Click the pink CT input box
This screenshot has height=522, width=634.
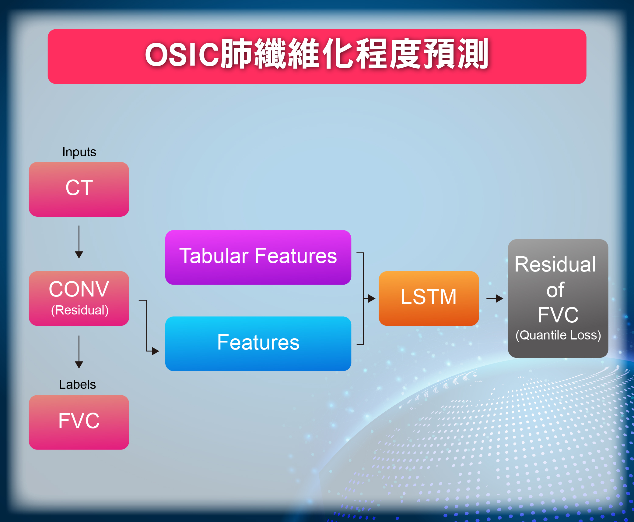point(79,189)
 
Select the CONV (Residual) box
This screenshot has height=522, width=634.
point(79,298)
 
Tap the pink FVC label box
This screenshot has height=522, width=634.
point(79,422)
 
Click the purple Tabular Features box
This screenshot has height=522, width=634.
point(258,257)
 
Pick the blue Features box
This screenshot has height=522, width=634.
point(258,343)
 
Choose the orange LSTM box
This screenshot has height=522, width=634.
point(429,298)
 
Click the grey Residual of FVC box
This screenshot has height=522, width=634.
point(558,298)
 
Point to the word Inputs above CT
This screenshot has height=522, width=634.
point(79,152)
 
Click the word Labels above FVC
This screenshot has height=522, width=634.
point(77,385)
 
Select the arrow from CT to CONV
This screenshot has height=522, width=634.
point(79,242)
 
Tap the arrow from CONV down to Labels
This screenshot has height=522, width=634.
point(79,352)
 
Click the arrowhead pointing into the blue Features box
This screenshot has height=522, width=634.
point(155,351)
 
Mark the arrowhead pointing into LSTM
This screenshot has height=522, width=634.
point(372,298)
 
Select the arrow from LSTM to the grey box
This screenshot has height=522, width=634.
point(495,298)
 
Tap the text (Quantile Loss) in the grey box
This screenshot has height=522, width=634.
point(558,335)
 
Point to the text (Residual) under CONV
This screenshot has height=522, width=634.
point(80,310)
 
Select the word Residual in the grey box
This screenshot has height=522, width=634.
point(555,264)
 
